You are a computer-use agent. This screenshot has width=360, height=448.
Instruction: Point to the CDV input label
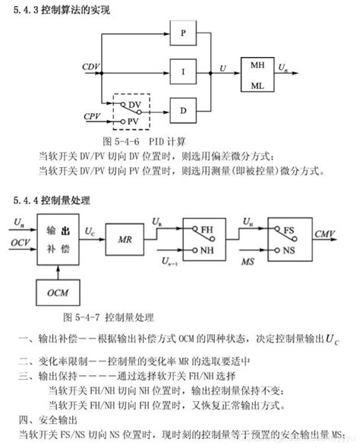[x=91, y=67]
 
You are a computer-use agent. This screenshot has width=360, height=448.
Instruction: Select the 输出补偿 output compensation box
[x=58, y=241]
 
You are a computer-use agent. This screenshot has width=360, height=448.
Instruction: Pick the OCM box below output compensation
[x=58, y=292]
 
